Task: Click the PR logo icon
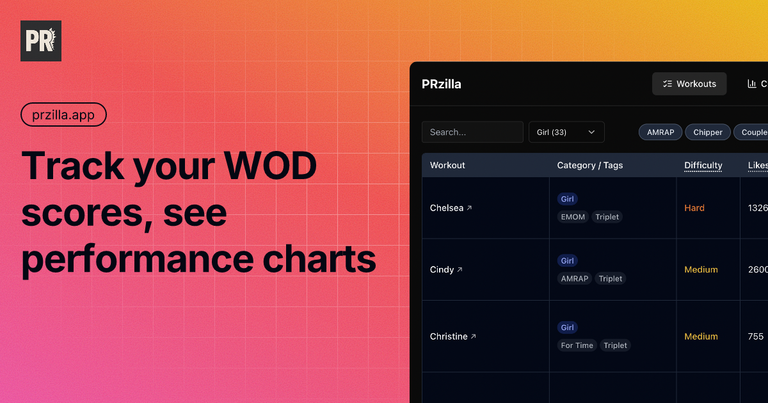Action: [41, 41]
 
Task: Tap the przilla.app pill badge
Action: [63, 115]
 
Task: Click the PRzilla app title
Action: [442, 84]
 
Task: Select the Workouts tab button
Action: [689, 84]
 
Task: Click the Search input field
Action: [472, 132]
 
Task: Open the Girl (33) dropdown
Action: [566, 132]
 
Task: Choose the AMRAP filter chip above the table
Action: [660, 132]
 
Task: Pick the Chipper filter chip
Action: [708, 132]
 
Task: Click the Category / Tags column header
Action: [589, 165]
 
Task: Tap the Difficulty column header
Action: [703, 165]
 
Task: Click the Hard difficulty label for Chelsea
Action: [694, 208]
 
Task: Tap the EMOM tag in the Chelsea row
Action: [573, 217]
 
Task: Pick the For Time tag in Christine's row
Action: [577, 345]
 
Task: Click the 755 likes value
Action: [755, 336]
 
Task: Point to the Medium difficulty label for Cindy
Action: [701, 269]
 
